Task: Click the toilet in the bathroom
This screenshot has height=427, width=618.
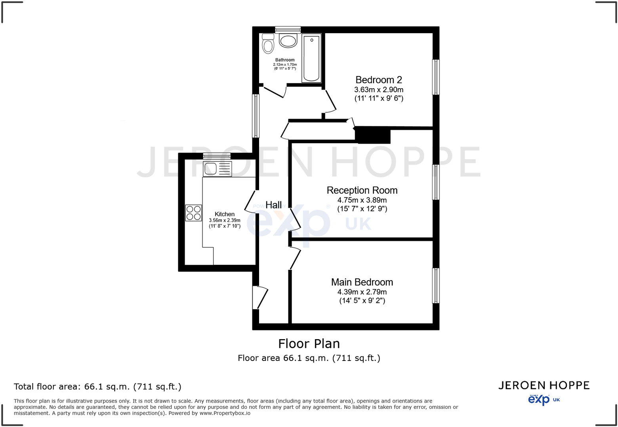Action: [x=268, y=44]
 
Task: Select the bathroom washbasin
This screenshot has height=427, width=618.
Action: [x=288, y=41]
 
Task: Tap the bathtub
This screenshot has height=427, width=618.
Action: [x=311, y=58]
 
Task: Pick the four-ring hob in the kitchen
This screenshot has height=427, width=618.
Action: [x=194, y=213]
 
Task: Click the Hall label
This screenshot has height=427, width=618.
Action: [x=273, y=205]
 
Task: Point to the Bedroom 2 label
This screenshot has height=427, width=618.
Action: [x=378, y=80]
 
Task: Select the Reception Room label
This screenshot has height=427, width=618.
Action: [x=362, y=190]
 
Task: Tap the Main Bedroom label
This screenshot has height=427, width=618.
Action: [x=362, y=282]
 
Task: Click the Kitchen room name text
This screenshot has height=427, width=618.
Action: [x=225, y=214]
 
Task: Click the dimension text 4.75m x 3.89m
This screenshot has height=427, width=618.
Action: [x=362, y=200]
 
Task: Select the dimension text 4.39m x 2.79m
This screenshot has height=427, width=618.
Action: [x=362, y=292]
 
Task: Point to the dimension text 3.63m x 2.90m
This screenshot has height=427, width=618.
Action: [x=378, y=90]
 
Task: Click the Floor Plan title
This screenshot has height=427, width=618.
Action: [x=309, y=343]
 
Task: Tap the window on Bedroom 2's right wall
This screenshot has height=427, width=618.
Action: [x=436, y=77]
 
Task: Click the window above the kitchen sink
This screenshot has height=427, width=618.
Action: [x=217, y=156]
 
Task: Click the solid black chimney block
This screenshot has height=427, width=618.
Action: [x=373, y=135]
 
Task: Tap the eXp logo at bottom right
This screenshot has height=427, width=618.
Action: [x=539, y=400]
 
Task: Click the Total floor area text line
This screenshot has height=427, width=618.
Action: [x=97, y=387]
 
